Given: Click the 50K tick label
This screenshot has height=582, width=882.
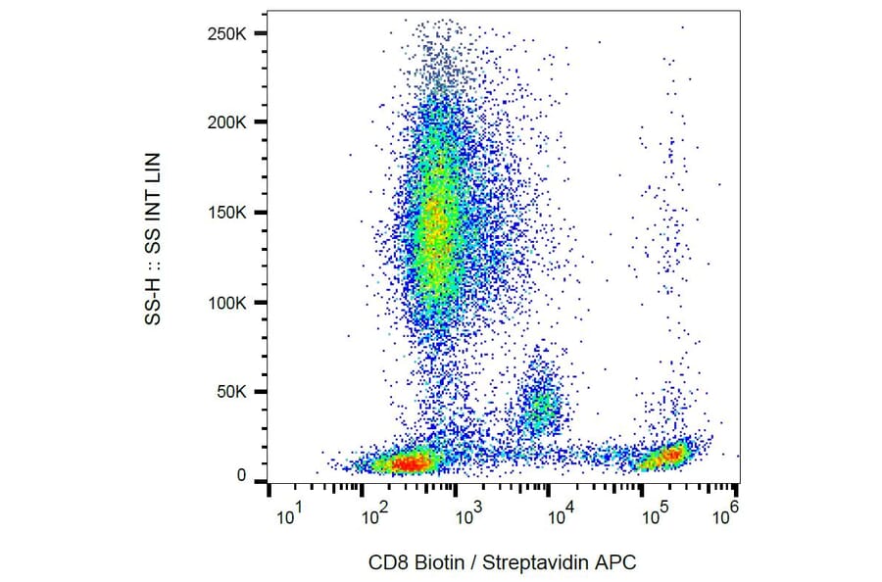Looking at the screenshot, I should tap(235, 392).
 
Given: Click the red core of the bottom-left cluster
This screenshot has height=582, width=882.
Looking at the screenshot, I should tap(403, 460).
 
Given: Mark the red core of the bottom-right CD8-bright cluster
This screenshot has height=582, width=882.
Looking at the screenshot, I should tap(672, 454).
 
